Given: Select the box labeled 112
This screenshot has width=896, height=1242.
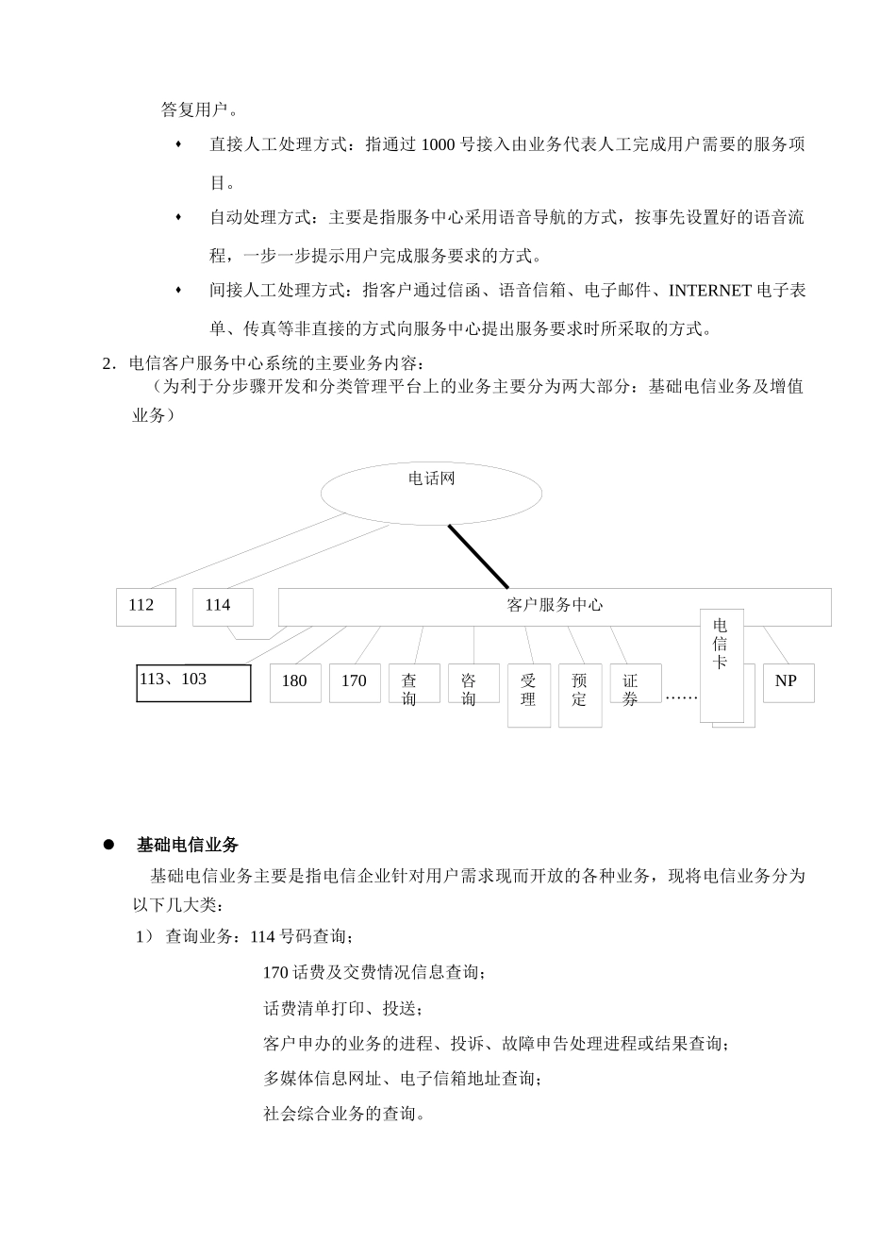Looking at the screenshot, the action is (145, 606).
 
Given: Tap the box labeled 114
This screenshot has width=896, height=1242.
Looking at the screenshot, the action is (223, 606).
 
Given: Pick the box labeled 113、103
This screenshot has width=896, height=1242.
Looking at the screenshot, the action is (193, 682).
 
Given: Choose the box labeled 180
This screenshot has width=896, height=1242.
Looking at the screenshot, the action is (295, 682).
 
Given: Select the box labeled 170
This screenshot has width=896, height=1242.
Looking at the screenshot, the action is (355, 682).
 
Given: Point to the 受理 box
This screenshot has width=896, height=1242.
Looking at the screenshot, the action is (529, 695).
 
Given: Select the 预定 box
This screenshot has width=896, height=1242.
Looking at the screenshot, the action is (580, 695).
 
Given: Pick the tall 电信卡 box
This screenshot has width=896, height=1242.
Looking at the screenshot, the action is (722, 664).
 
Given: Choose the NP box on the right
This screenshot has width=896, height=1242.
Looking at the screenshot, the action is (787, 681).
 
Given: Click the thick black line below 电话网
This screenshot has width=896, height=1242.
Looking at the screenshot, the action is (478, 557).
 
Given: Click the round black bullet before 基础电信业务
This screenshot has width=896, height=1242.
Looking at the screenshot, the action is (108, 844).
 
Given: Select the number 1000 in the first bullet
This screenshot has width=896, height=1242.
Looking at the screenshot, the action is (439, 144).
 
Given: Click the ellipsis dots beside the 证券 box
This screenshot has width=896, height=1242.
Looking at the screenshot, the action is (680, 697).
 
